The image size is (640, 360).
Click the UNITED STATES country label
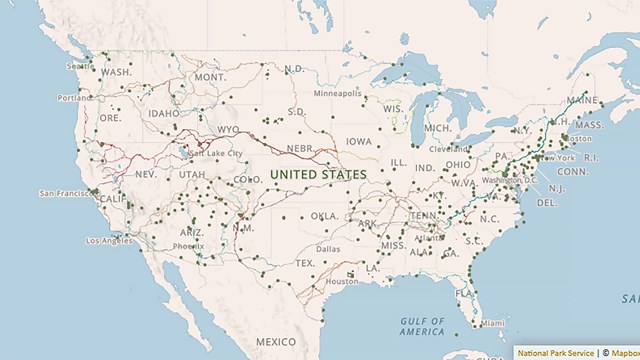coord(318,174)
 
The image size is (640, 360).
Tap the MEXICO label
coord(275,342)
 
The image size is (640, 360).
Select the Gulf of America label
coord(422,325)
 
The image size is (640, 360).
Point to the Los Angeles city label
coord(109,240)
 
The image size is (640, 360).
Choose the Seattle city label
coord(79,66)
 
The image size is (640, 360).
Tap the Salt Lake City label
coord(215,153)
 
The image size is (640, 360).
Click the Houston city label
coord(341,281)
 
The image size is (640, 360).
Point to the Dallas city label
coord(327,248)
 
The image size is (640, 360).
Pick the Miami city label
coord(492,323)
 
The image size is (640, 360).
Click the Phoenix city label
coord(188,246)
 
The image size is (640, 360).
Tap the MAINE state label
coord(582,100)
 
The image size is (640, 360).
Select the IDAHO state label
coord(162,113)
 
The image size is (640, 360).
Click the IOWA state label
coord(359,142)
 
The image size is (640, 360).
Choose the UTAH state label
coord(192,174)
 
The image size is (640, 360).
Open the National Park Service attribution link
coord(555,352)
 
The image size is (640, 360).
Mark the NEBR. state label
coord(301,148)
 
